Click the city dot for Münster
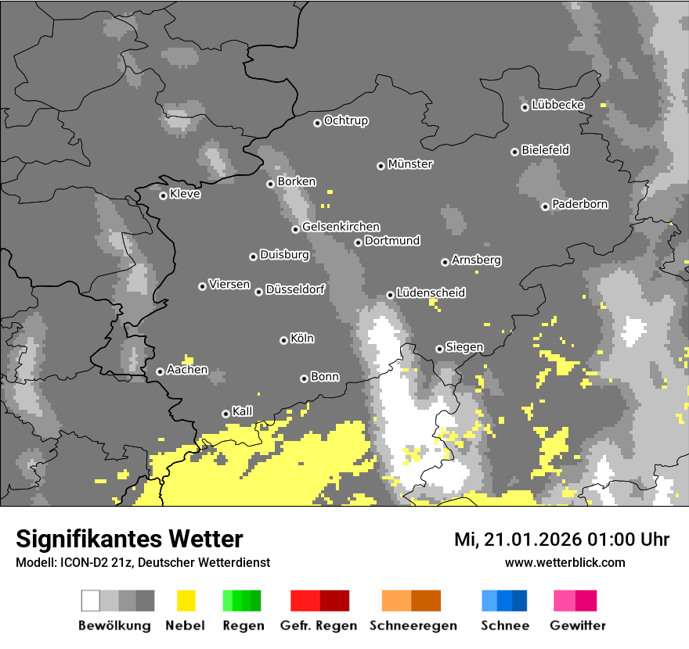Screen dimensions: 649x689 [381, 166]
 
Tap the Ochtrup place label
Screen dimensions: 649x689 [345, 121]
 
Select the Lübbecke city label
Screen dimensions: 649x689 [557, 105]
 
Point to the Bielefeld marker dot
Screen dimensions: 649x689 [514, 152]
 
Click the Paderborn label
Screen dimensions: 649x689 [579, 205]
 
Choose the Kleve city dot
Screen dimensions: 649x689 [163, 195]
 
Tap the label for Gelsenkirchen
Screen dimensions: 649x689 [341, 227]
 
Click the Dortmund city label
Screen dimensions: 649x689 [392, 241]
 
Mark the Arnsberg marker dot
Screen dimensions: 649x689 [445, 262]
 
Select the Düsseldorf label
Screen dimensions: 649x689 [294, 290]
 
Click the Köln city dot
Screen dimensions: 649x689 [283, 340]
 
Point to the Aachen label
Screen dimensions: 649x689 [187, 370]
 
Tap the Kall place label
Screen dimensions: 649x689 [242, 411]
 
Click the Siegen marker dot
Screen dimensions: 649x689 [439, 349]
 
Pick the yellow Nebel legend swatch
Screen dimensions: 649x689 [185, 601]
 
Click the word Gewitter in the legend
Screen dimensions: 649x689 [577, 626]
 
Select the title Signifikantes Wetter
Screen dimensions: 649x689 [129, 539]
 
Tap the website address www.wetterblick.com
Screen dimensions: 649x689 [565, 563]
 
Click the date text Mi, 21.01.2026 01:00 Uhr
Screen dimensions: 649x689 [561, 540]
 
